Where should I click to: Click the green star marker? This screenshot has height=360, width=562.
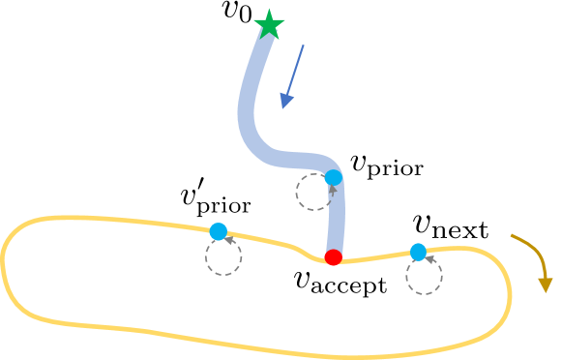[x=270, y=27]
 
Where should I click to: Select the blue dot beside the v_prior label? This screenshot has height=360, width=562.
[x=334, y=177]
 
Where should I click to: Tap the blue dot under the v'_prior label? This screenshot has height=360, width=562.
[x=219, y=231]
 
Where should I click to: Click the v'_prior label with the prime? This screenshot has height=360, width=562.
[x=215, y=200]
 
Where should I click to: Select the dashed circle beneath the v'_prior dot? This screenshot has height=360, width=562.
[x=222, y=257]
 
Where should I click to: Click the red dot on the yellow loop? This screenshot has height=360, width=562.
[x=334, y=257]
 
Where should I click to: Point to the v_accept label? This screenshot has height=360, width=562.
[x=340, y=285]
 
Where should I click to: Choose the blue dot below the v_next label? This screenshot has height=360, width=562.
[x=418, y=253]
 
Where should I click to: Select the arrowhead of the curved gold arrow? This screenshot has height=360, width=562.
[x=546, y=283]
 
